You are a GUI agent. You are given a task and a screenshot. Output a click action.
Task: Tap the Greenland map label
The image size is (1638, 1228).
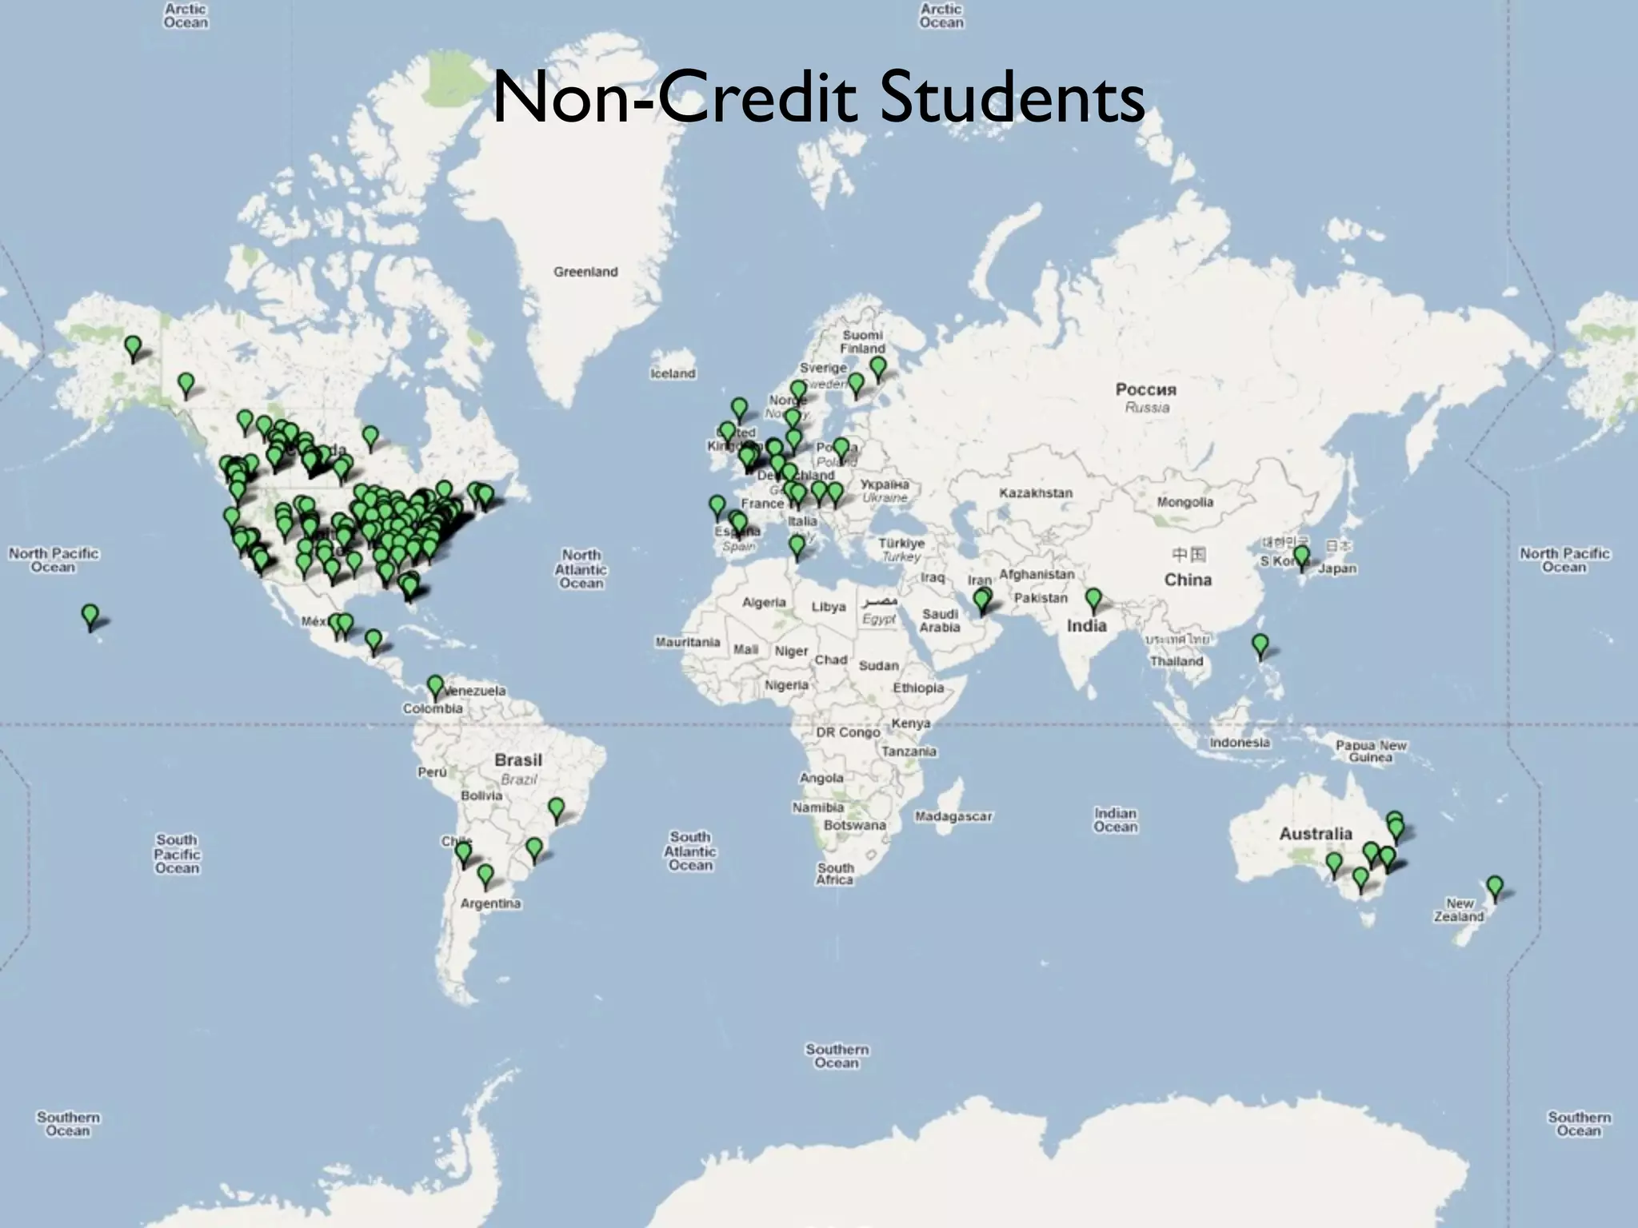tap(585, 272)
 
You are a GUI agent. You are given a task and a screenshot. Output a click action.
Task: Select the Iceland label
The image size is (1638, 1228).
tap(673, 373)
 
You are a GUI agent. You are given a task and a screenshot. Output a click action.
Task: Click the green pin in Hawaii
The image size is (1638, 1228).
tap(90, 616)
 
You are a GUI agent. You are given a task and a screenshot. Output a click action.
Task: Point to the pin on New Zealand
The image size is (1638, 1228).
tap(1494, 887)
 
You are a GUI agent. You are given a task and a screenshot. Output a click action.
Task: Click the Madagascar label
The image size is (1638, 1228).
tap(953, 816)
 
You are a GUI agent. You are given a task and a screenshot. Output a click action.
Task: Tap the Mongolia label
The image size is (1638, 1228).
tap(1185, 502)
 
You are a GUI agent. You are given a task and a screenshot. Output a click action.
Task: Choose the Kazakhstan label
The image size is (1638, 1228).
tap(1036, 492)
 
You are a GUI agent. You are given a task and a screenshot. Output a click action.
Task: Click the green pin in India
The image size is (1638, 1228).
tap(1093, 599)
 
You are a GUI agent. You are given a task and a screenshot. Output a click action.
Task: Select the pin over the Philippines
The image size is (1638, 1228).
tap(1260, 644)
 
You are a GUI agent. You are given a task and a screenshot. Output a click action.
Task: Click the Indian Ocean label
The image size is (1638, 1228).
tap(1115, 819)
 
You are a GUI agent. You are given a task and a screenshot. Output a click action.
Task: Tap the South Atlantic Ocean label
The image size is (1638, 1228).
tap(689, 851)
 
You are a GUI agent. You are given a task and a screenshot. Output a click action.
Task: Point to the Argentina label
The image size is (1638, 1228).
tap(490, 903)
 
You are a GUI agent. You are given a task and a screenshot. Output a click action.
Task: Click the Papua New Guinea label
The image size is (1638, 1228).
tap(1370, 751)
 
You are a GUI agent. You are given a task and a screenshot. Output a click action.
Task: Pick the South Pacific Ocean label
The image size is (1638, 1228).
tap(177, 854)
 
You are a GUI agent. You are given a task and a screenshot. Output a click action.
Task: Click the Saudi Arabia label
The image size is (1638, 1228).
tap(940, 620)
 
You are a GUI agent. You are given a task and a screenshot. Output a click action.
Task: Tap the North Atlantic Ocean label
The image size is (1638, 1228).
tap(581, 568)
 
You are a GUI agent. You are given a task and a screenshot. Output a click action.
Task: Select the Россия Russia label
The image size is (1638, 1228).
tap(1146, 397)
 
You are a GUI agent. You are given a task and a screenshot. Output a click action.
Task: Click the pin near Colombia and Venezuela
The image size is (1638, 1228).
tap(435, 686)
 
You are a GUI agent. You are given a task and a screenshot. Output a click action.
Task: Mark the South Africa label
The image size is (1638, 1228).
tap(835, 873)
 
